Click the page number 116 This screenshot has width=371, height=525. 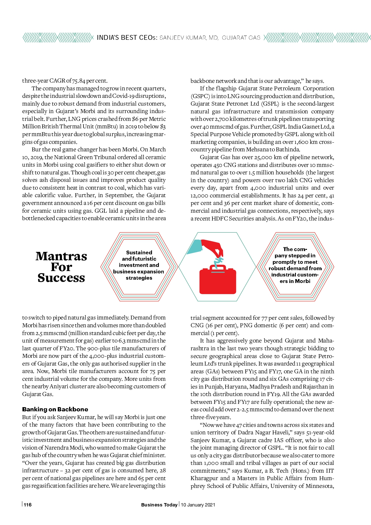(28, 505)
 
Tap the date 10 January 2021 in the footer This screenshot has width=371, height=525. (198, 505)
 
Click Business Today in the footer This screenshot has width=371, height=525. (159, 505)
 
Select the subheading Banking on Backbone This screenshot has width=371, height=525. (55, 409)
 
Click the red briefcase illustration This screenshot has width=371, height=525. (218, 281)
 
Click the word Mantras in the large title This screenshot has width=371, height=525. (61, 256)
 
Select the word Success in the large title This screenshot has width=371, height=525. (61, 278)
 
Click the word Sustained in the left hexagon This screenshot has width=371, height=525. (139, 252)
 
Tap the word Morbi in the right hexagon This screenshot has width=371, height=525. (303, 281)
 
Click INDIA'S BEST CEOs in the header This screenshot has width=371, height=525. (127, 38)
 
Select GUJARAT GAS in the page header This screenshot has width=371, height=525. (241, 38)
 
